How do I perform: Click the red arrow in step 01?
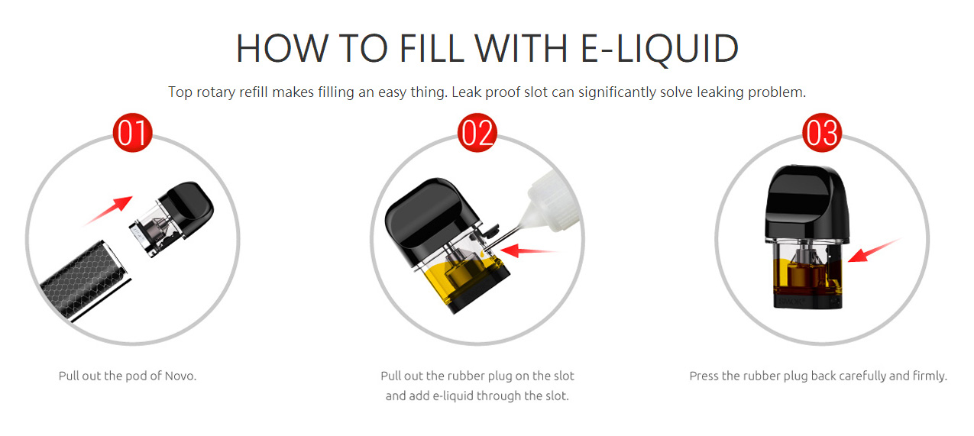pos(108,210)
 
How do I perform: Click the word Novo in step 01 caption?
pos(180,376)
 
